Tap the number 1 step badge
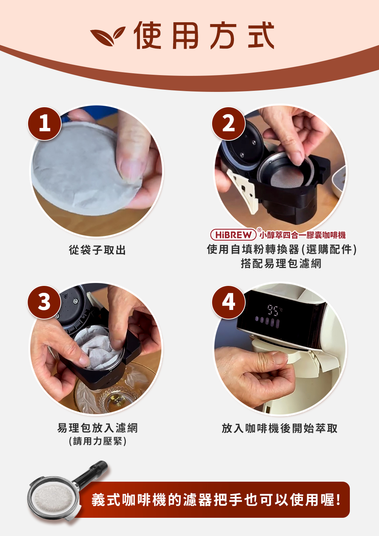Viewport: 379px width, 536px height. point(45,124)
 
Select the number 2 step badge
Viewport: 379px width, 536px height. point(228,124)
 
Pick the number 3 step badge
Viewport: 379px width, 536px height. point(44,302)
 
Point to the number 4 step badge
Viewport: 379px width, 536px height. point(228,302)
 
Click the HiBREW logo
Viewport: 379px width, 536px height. point(233,235)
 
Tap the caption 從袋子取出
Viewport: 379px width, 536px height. point(97,250)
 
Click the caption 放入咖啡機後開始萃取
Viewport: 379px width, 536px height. point(280,428)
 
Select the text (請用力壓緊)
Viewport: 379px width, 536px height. point(98,441)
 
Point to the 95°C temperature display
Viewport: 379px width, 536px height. point(274,310)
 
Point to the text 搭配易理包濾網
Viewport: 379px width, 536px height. point(281,264)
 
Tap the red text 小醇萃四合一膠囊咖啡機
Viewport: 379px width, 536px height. point(303,235)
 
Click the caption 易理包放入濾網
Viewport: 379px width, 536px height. point(98,428)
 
